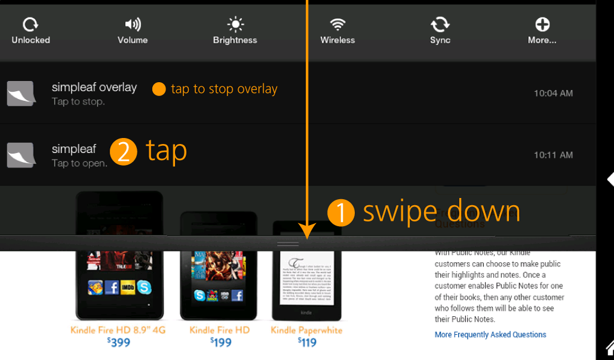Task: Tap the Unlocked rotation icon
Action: coord(30,24)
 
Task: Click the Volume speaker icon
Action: coord(133,24)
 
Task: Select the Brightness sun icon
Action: coord(235,24)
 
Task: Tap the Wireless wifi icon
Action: coord(338,24)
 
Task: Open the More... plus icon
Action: coord(542,24)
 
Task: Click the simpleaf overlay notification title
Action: coord(94,87)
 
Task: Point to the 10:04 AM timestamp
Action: coord(553,93)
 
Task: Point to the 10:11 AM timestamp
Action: coord(553,155)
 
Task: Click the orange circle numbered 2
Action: coord(124,151)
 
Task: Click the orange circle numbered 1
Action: coord(341,212)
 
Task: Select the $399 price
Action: coord(118,343)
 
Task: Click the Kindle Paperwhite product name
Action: coord(306,330)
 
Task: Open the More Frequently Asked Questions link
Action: coord(490,335)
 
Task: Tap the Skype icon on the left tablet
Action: coord(144,287)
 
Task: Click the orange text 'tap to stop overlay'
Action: coord(224,89)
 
